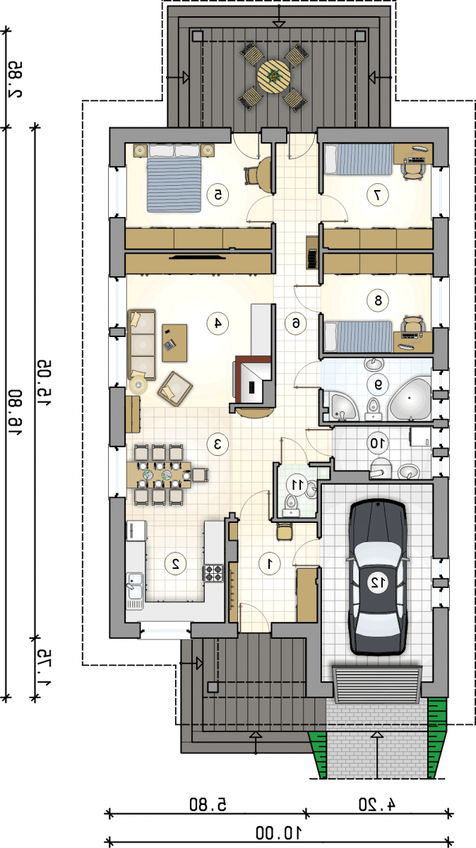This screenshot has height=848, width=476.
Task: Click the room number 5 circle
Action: point(218,194)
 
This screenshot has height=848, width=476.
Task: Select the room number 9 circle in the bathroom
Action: point(378,384)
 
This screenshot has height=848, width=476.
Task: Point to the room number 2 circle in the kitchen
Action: point(176,564)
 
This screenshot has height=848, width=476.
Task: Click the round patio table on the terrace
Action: point(273,76)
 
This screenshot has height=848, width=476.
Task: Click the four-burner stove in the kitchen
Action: point(214,573)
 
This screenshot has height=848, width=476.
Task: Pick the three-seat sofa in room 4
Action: point(142,345)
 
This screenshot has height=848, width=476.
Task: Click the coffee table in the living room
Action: point(174,343)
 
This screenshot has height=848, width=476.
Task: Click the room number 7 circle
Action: point(378,194)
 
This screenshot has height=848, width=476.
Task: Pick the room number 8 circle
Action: point(378,300)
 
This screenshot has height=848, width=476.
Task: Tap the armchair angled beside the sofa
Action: point(175,389)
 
